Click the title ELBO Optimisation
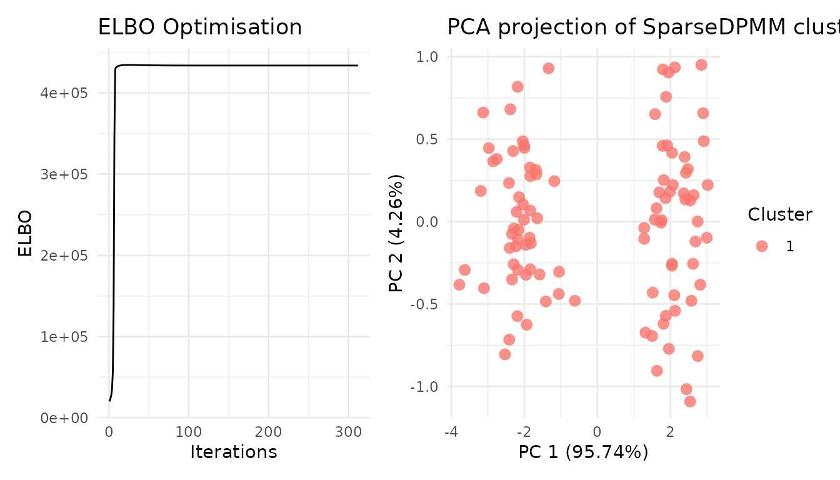(200, 27)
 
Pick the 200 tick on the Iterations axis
(269, 432)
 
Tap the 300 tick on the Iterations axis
(348, 432)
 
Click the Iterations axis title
(233, 452)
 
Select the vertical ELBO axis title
(25, 234)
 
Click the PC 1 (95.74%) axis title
(583, 452)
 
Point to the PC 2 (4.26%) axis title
(396, 234)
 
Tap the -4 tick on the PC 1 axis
(451, 432)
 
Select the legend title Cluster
(780, 215)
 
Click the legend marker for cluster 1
(761, 246)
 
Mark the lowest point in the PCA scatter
(690, 401)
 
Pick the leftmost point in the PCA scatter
(459, 285)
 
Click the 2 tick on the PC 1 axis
(670, 432)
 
